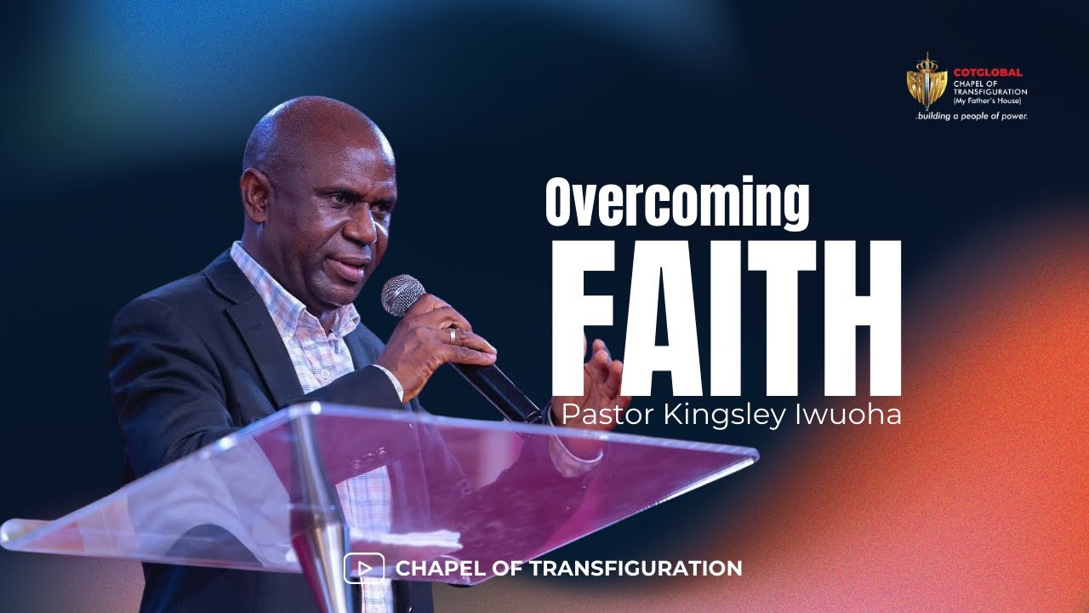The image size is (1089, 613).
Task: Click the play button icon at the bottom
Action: (x=364, y=568)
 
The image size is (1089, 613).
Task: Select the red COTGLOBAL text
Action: (x=988, y=72)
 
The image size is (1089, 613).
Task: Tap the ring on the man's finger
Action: (x=453, y=335)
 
